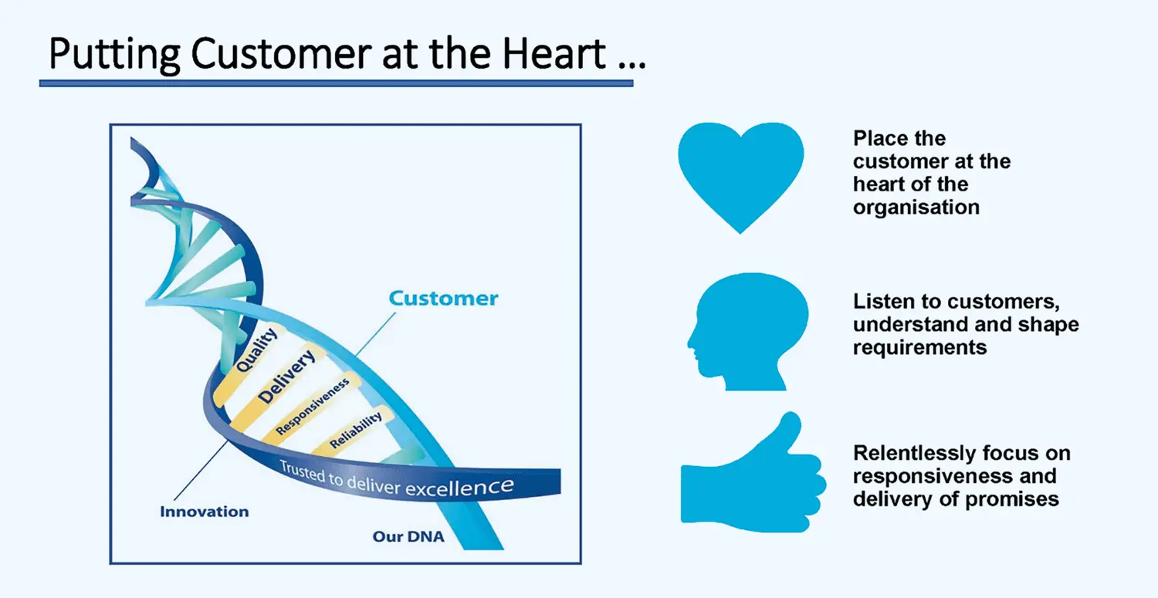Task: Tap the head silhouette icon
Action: point(748,332)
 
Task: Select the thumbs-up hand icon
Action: point(752,473)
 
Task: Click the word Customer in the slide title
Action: point(281,53)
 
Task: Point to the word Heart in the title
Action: point(554,53)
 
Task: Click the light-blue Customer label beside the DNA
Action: point(444,298)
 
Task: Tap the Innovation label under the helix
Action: point(205,512)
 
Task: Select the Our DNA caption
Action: point(408,536)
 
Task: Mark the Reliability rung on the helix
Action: point(356,430)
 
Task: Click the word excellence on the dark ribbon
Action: point(459,487)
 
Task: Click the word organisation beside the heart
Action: point(916,208)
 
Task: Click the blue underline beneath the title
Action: point(336,83)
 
